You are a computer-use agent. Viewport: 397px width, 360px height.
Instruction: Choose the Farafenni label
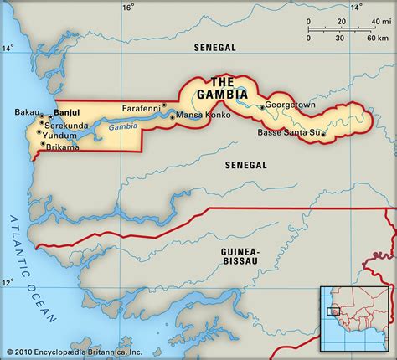click(x=141, y=107)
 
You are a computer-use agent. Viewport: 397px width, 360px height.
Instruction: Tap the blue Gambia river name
click(x=123, y=126)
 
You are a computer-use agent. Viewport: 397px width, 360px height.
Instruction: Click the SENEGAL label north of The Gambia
click(x=215, y=49)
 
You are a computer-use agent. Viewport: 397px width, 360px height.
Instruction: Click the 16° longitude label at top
click(x=127, y=8)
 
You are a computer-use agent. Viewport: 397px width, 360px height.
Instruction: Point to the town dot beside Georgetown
click(x=262, y=107)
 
